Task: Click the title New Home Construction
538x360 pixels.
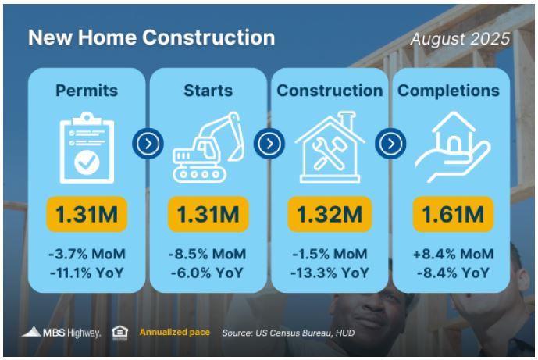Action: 151,37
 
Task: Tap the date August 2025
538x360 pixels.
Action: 460,39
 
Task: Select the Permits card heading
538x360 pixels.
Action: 87,91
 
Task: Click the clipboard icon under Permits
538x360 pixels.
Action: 87,148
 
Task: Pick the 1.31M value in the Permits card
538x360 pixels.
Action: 87,214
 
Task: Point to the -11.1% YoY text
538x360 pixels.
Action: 87,273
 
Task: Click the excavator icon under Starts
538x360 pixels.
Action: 208,148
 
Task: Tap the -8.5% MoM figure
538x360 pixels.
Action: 207,255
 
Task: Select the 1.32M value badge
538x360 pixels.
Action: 330,214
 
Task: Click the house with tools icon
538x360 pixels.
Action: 330,147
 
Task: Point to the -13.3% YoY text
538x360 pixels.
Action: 330,273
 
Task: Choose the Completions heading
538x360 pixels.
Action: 448,91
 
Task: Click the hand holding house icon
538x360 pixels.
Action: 453,147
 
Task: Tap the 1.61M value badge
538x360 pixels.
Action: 453,214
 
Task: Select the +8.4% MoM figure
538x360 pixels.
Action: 453,255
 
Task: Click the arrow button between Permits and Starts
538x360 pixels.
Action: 148,144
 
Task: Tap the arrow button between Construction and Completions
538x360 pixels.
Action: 390,144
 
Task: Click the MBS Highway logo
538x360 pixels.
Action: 61,333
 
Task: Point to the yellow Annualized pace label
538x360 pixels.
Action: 175,332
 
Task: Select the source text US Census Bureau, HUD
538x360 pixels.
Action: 288,333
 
